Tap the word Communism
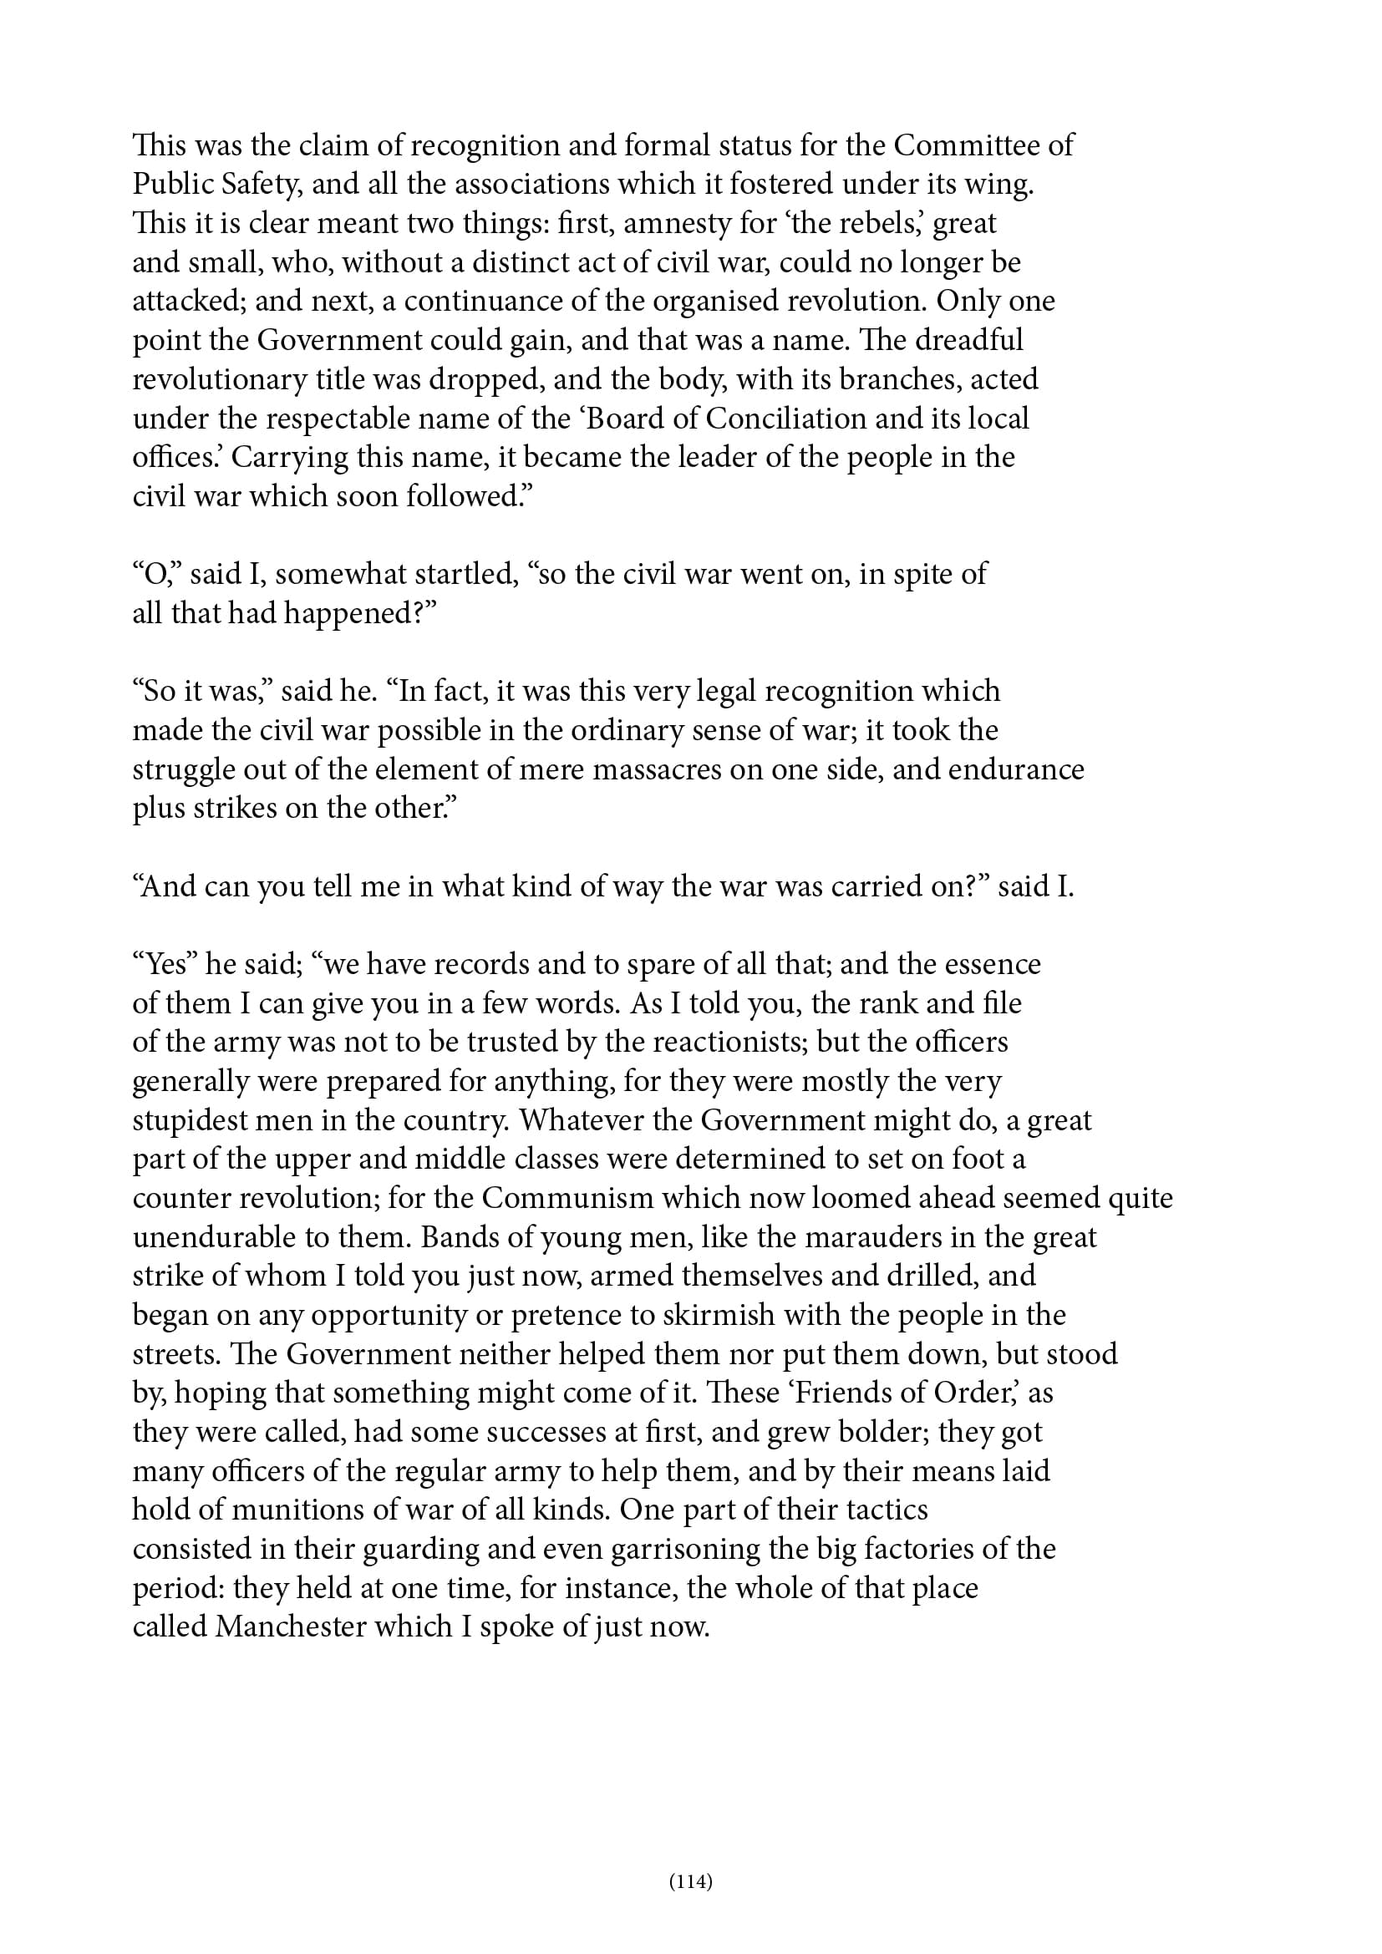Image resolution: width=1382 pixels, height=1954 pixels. [567, 1198]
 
